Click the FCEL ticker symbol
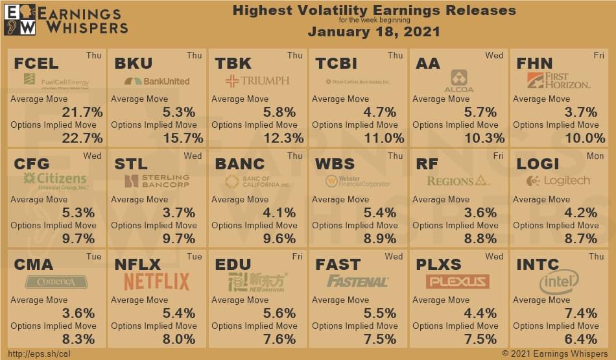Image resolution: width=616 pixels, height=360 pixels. coord(36,64)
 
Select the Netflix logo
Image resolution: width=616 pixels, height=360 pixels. coord(156,282)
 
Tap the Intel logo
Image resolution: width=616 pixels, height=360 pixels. coord(558,282)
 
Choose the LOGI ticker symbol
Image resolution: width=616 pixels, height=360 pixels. coord(538,164)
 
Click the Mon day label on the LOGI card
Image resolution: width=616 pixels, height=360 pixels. coord(595,156)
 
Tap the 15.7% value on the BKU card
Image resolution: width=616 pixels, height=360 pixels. coord(180,138)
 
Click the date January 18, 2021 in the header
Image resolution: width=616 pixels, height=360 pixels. coord(373,32)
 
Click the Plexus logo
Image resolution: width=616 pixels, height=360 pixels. coord(457,282)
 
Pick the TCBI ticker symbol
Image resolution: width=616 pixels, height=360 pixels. coord(336,64)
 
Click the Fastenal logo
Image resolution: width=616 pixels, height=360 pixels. coord(357,282)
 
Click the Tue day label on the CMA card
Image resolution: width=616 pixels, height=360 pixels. coord(93,257)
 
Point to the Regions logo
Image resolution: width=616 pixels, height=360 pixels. coord(458,181)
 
